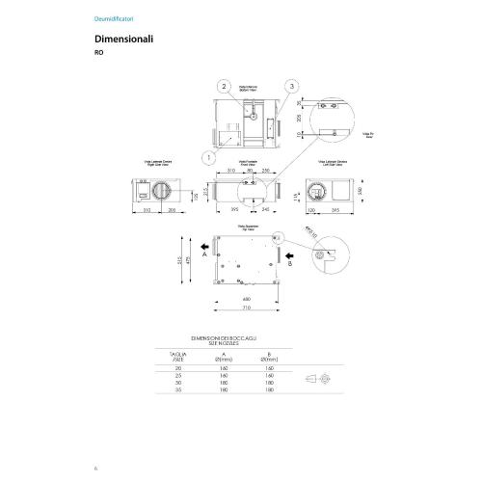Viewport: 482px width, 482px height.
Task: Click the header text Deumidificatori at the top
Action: tap(111, 17)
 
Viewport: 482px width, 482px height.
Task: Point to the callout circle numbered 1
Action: tap(206, 155)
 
